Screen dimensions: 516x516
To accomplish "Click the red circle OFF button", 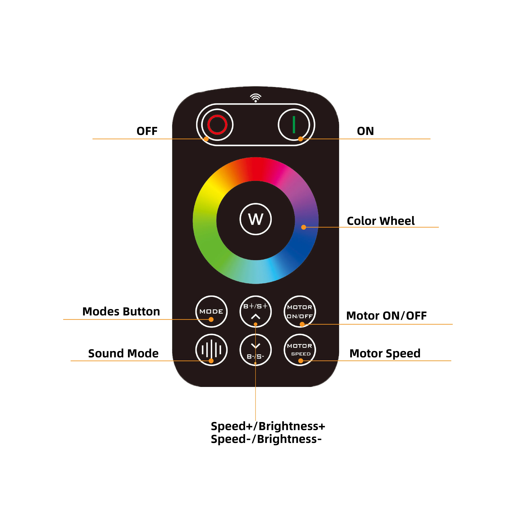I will [217, 125].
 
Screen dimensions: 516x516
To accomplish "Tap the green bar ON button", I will [294, 125].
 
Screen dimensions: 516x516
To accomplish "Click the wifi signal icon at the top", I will [256, 98].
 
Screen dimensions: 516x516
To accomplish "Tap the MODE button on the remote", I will [211, 311].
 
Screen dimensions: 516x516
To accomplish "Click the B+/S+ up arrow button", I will [256, 311].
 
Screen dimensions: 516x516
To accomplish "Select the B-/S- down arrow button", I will [256, 350].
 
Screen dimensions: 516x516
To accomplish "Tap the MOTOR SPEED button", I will [300, 350].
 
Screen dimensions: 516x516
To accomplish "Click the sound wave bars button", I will [211, 350].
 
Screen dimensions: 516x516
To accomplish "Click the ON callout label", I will [365, 131].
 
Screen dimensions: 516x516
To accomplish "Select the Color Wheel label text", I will [381, 221].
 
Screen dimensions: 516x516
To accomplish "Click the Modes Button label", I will [121, 311].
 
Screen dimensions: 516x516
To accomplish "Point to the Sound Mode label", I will [123, 353].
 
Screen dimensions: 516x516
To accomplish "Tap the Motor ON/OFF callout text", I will [386, 316].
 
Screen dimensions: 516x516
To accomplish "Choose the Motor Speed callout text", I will [385, 353].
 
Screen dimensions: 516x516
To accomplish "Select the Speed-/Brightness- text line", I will [266, 439].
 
